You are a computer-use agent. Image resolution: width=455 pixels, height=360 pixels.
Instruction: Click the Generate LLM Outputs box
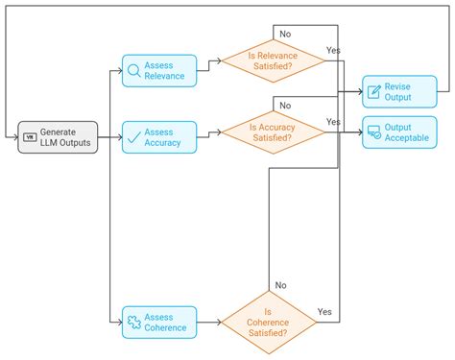click(58, 137)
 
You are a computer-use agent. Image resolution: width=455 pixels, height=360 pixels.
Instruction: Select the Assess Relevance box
click(159, 70)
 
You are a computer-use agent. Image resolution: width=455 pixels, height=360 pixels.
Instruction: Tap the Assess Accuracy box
click(159, 137)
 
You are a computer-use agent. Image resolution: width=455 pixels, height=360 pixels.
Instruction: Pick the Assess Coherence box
click(159, 322)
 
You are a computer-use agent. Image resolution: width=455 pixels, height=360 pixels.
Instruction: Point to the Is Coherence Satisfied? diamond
click(269, 322)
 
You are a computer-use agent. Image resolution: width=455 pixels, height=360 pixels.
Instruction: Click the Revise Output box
click(398, 91)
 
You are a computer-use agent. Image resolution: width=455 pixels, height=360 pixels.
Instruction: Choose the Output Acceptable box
click(398, 132)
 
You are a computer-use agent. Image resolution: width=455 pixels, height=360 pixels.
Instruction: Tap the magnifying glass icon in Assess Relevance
click(133, 70)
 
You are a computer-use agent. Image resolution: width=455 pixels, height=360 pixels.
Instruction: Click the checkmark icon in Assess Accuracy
click(133, 137)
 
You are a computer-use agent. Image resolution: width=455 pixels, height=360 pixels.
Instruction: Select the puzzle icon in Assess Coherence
click(133, 323)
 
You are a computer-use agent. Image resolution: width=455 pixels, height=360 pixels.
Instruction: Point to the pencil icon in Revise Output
click(374, 91)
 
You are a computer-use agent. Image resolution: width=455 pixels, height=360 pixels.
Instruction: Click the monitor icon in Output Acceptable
click(374, 132)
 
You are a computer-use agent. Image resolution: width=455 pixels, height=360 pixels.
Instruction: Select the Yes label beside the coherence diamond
click(324, 312)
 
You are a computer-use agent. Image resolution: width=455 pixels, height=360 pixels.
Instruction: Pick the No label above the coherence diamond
click(281, 284)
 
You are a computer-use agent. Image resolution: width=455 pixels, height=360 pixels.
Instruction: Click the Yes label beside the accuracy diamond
click(333, 122)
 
